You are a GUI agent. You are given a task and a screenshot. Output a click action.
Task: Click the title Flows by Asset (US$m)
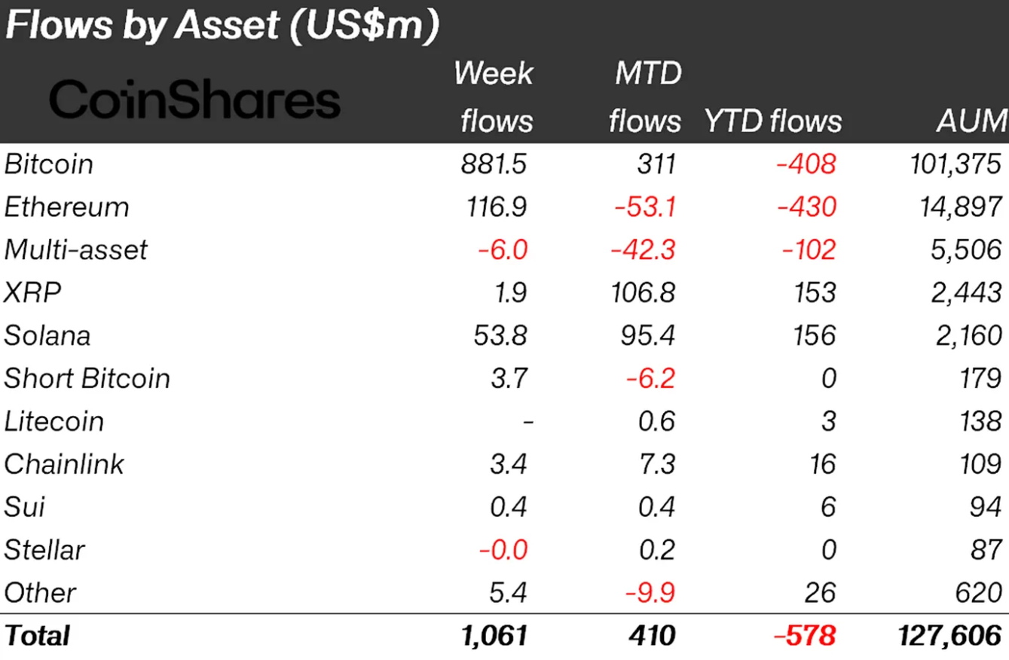point(222,26)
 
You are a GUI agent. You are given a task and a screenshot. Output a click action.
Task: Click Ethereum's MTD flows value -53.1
point(644,206)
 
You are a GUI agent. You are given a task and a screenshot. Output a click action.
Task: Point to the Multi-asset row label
point(76,249)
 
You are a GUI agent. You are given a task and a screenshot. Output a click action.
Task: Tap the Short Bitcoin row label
point(87,378)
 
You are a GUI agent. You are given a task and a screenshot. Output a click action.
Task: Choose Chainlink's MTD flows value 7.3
point(656,464)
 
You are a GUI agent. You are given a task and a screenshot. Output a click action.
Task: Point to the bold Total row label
point(37,636)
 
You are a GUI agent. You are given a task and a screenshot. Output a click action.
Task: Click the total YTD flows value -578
point(804,636)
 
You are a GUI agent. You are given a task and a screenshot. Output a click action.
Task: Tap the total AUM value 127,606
point(950,636)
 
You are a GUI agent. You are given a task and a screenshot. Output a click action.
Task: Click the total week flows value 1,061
point(494,636)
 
